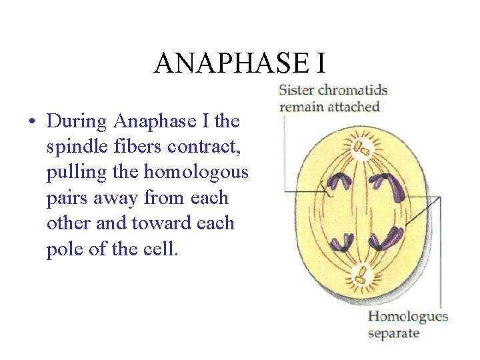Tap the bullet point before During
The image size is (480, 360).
(31, 122)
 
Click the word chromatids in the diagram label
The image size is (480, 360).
(353, 90)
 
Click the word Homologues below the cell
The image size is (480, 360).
(408, 316)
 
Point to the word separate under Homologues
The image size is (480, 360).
(393, 332)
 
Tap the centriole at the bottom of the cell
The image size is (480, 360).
(361, 274)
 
